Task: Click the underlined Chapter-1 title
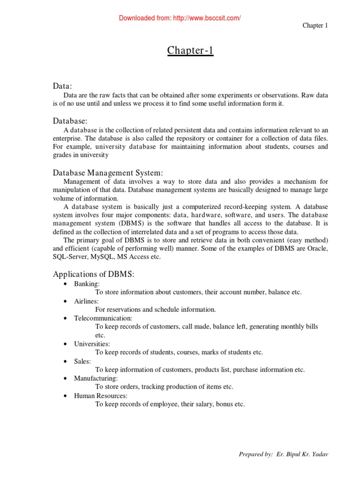(190, 51)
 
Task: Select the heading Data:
(62, 86)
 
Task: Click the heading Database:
(70, 121)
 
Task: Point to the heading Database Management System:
(108, 172)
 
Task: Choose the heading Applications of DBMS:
(96, 274)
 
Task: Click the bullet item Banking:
(87, 284)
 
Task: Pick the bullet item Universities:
(92, 344)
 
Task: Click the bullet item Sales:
(82, 361)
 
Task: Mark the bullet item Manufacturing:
(96, 378)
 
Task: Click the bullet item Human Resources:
(101, 396)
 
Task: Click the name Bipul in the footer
(295, 454)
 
